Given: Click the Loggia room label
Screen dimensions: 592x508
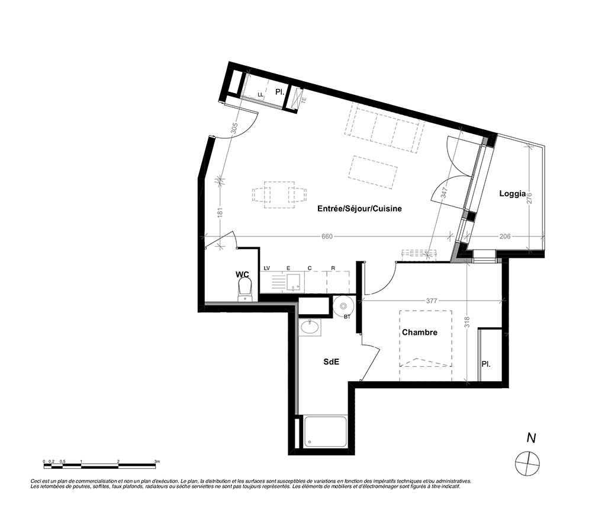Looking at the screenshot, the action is coord(512,194).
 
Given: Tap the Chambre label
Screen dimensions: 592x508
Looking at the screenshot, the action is coord(420,332).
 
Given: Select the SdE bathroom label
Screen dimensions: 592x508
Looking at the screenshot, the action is coord(331,362).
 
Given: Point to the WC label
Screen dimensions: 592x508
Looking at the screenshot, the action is coord(242,274).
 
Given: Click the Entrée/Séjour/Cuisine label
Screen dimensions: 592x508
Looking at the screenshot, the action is coord(359,209).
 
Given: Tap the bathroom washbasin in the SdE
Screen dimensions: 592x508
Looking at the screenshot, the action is coord(310,327).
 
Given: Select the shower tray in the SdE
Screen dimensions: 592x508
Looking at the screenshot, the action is coord(325,432).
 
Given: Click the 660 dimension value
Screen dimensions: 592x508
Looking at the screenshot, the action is coord(327,237).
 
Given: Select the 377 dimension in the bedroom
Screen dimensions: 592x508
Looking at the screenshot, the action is coord(431,301).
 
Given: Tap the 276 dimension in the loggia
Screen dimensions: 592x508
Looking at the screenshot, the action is coord(529,199).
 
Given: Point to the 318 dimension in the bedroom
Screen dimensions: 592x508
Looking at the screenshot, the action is coord(467,322).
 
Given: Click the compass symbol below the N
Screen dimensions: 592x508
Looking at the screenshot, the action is coord(527,463).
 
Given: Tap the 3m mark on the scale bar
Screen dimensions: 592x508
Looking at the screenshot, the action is coord(157,461).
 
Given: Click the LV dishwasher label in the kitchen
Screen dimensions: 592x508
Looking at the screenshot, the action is coord(267,269).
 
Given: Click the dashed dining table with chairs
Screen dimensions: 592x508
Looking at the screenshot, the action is coord(279,195).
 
